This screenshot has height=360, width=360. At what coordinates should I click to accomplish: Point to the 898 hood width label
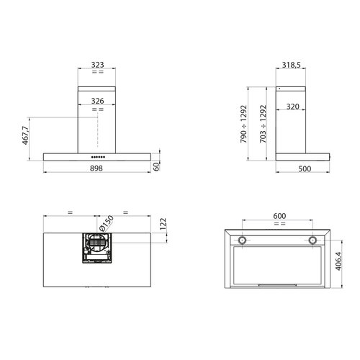[x=97, y=170]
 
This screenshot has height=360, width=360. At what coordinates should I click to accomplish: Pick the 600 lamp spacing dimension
[x=279, y=216]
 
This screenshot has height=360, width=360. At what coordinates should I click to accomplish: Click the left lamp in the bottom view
[x=244, y=240]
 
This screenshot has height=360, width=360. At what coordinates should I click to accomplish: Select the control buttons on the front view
[x=97, y=156]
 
